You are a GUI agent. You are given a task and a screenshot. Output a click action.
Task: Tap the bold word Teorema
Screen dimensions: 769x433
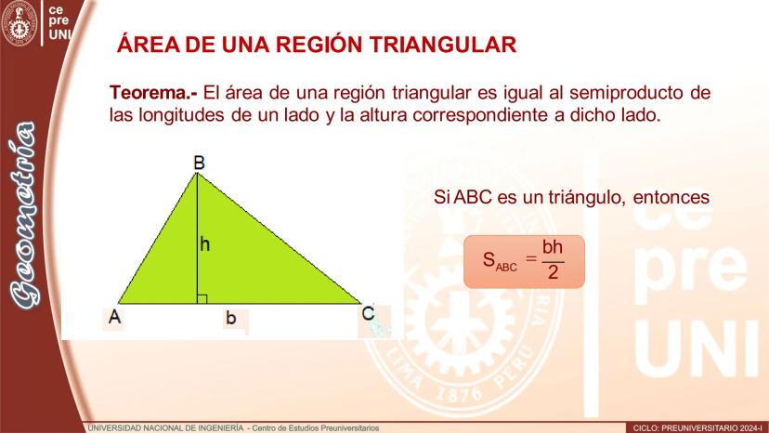153,92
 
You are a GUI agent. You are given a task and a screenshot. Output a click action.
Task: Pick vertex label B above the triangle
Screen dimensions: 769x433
199,163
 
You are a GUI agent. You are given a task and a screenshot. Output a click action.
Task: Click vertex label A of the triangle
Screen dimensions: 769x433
115,317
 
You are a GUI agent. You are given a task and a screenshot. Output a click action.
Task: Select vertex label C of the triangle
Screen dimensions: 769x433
368,313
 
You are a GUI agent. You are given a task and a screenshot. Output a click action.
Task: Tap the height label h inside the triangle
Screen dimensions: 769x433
204,244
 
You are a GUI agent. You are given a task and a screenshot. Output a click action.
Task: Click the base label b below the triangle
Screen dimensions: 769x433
230,318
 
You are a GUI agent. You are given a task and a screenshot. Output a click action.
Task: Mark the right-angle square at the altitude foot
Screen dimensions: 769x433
202,298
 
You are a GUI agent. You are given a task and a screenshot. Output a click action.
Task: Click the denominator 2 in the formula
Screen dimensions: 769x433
554,272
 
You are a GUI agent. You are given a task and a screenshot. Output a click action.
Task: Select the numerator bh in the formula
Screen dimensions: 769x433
553,247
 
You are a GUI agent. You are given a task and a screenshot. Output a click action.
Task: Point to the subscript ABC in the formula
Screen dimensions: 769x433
506,268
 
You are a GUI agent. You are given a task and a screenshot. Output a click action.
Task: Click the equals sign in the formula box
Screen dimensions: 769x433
530,257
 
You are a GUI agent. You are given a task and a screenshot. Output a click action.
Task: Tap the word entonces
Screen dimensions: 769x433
671,197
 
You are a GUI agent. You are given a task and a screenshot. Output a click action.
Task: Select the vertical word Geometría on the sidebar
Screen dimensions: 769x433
23,216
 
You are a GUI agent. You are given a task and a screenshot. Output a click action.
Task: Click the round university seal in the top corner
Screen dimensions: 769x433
20,22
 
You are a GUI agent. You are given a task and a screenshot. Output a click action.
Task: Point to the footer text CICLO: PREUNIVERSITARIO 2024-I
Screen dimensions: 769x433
697,428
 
